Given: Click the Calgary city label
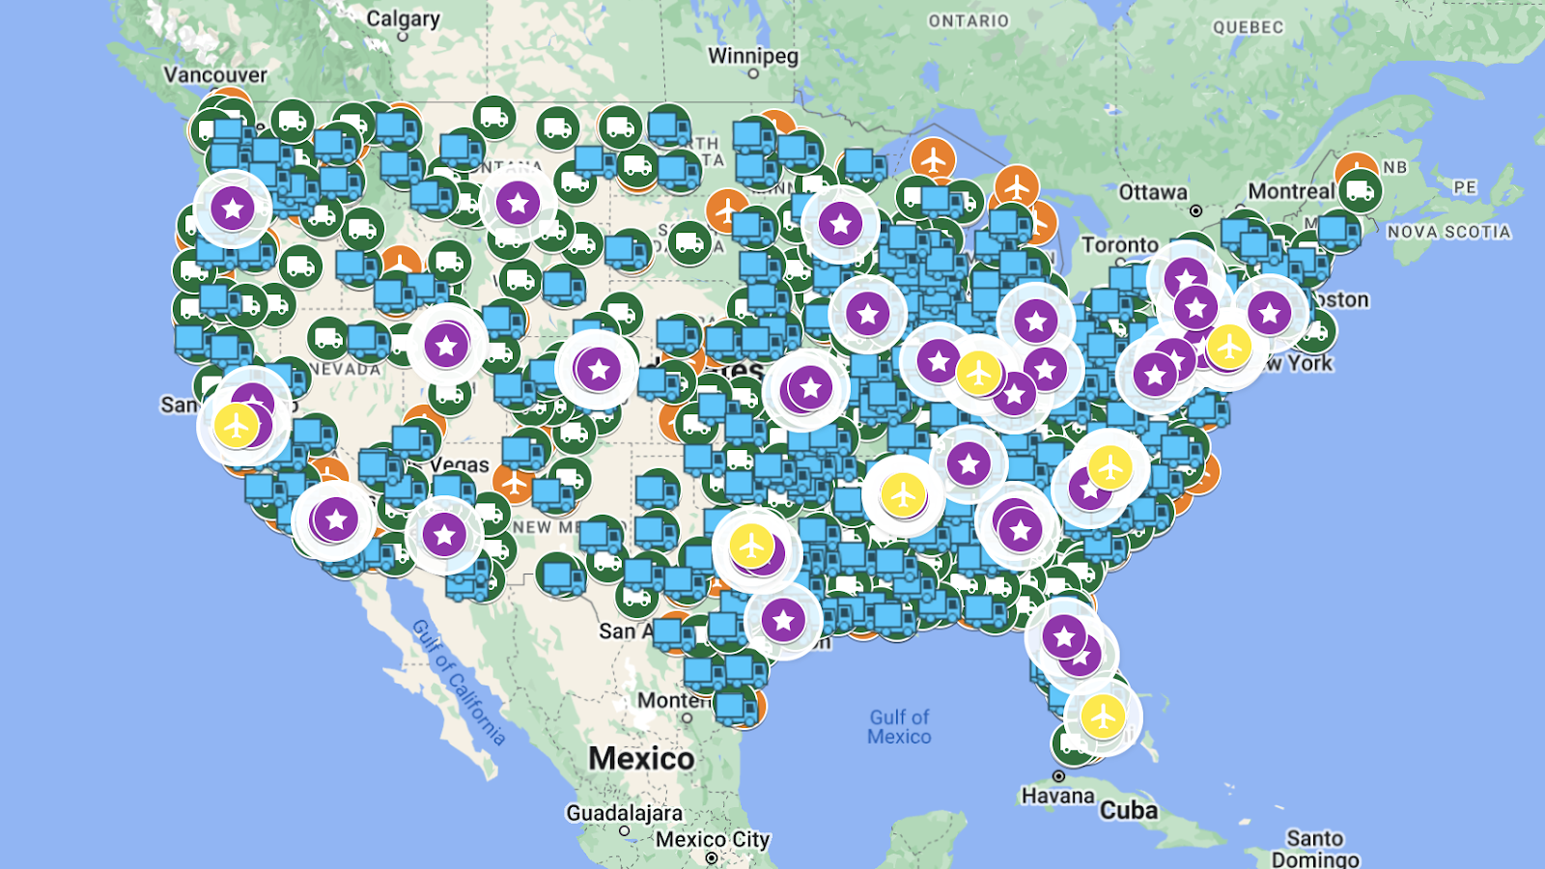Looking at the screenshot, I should [403, 18].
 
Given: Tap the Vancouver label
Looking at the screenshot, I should [214, 74].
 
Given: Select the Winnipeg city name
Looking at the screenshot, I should [753, 56].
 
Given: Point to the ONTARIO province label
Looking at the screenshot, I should [968, 20].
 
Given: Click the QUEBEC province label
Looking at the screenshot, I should [1248, 27].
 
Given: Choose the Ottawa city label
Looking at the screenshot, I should [1152, 192].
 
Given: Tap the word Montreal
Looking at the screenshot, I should [1291, 191].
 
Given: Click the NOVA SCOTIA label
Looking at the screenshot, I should [1448, 232].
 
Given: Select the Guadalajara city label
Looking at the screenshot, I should [624, 813].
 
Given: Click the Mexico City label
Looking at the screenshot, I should [713, 839].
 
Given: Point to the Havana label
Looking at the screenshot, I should [1057, 796].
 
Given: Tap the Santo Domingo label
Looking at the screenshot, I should [1315, 848].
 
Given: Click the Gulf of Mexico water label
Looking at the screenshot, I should [899, 726].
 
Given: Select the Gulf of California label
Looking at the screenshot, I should [459, 682].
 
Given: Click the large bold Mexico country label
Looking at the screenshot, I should [641, 758].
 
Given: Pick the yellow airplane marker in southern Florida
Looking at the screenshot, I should [1102, 715].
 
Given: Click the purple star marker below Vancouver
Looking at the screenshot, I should [232, 208].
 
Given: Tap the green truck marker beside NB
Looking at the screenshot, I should [1360, 191].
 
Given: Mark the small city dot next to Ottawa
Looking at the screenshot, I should [1195, 210].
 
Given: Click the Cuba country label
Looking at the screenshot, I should [1128, 809].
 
